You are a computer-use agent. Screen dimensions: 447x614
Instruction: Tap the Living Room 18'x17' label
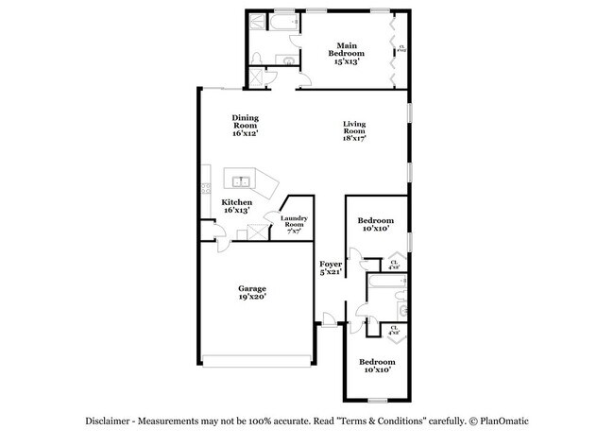[354, 130]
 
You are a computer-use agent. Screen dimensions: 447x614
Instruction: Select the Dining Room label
[245, 125]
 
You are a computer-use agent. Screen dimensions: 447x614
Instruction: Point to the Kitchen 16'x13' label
[236, 206]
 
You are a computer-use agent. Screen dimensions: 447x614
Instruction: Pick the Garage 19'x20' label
[251, 292]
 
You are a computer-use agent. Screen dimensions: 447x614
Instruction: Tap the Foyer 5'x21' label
[330, 268]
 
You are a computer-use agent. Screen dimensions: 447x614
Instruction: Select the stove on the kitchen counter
[204, 190]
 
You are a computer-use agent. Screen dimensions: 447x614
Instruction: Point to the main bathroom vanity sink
[286, 60]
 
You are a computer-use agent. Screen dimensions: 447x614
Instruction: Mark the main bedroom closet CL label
[402, 48]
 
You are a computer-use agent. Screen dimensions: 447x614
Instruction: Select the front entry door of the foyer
[328, 323]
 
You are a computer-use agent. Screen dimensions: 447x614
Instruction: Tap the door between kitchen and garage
[220, 245]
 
